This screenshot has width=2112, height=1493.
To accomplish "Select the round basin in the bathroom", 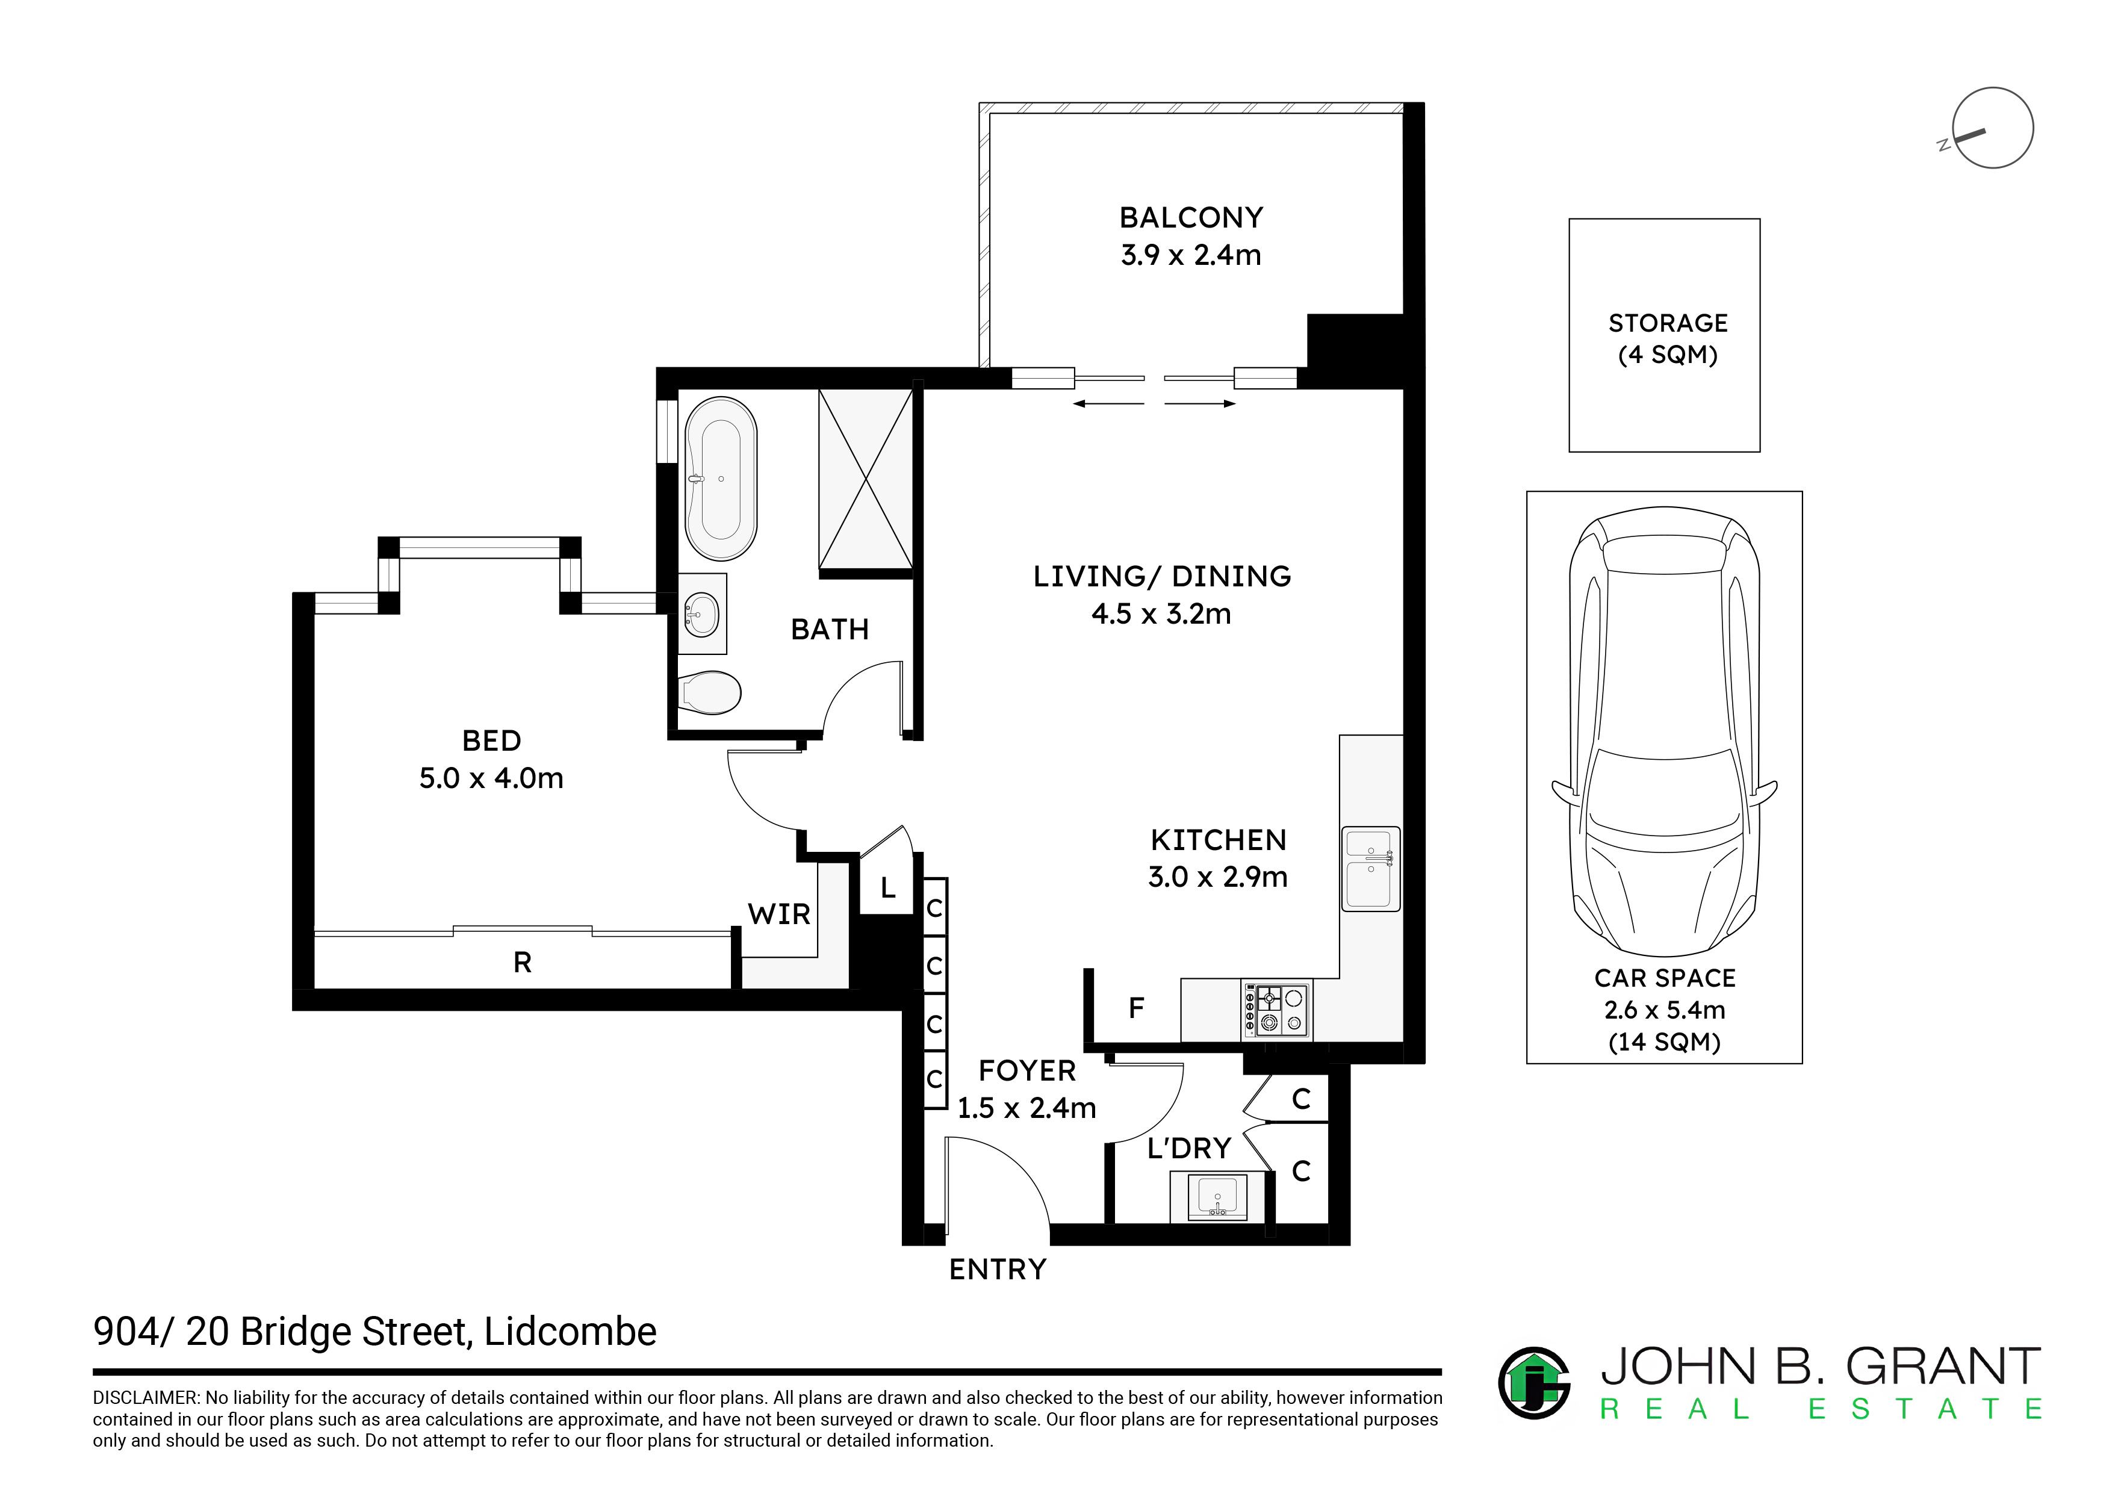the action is click(x=702, y=613).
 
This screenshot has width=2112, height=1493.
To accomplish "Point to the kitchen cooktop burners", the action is click(x=1278, y=1010).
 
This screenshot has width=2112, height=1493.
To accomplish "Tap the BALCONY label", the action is click(x=1191, y=218).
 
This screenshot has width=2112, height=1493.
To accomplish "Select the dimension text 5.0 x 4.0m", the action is click(x=491, y=778).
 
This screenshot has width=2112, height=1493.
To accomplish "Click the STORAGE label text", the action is click(x=1668, y=323).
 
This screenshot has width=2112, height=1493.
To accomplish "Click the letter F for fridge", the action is click(x=1136, y=1008).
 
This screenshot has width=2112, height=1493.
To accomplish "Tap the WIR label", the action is click(x=779, y=914).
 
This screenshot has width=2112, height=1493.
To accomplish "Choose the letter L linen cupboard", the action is click(x=887, y=888).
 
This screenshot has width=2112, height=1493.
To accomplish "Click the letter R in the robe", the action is click(x=523, y=962).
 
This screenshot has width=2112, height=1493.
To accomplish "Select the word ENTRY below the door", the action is click(x=998, y=1270).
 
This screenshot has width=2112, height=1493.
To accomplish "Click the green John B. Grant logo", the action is click(x=1533, y=1383).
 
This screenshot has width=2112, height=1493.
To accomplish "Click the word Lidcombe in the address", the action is click(x=570, y=1332).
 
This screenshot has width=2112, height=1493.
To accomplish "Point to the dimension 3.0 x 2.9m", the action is click(x=1218, y=878).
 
